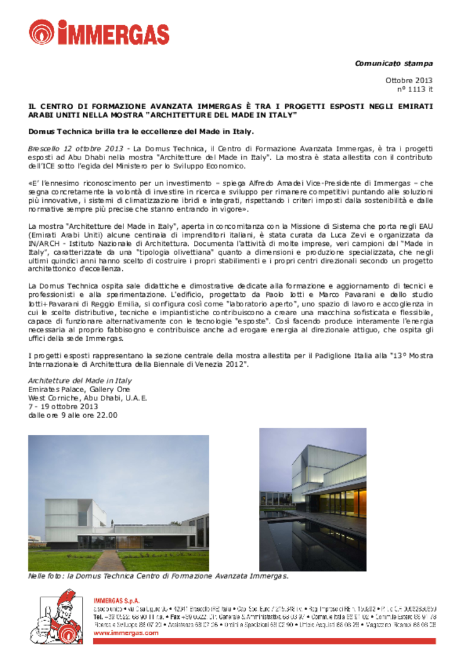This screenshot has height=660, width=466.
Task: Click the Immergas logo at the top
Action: pyautogui.click(x=99, y=32)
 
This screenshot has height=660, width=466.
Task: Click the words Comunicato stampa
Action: pyautogui.click(x=394, y=63)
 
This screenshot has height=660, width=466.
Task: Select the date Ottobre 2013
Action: pyautogui.click(x=409, y=81)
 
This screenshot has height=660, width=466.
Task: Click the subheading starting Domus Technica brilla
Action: pyautogui.click(x=141, y=132)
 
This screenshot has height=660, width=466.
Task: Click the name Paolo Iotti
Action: pyautogui.click(x=191, y=295)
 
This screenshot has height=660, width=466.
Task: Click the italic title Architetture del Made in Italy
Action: pyautogui.click(x=80, y=381)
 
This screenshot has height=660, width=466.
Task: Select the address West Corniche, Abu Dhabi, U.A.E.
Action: pyautogui.click(x=88, y=398)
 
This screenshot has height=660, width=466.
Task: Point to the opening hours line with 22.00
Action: pyautogui.click(x=72, y=415)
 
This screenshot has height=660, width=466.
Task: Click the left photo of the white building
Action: pyautogui.click(x=118, y=502)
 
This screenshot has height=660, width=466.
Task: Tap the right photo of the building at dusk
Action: pyautogui.click(x=312, y=499)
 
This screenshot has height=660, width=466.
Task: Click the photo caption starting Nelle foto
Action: pyautogui.click(x=157, y=577)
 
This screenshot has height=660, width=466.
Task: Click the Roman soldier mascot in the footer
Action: pyautogui.click(x=59, y=617)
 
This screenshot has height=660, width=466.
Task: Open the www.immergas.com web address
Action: pyautogui.click(x=126, y=632)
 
